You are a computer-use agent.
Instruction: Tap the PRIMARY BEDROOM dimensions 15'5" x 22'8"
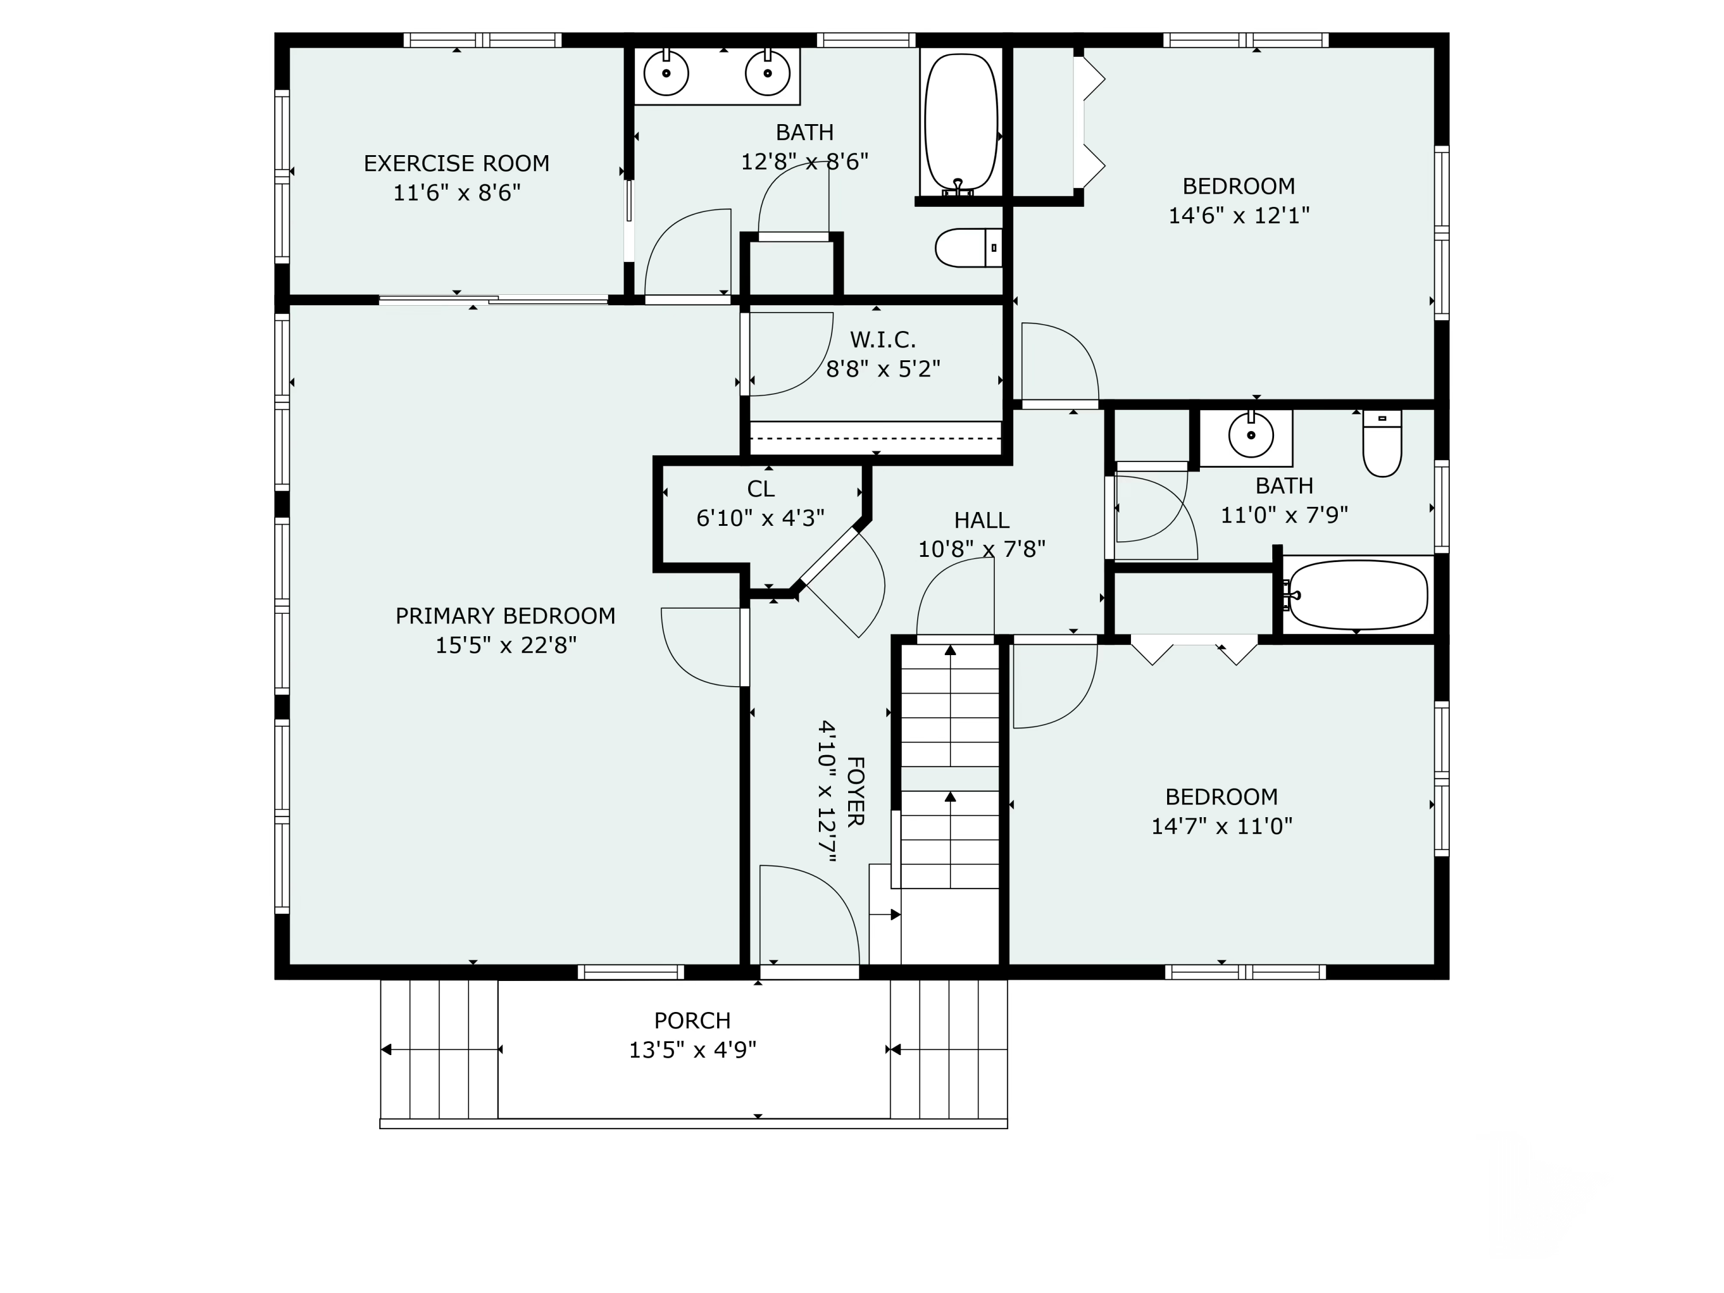click(x=505, y=645)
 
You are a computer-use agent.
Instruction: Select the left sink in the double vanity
click(x=667, y=72)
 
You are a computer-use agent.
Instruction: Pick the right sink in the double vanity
click(x=768, y=72)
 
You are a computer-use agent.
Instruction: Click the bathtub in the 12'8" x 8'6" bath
click(x=961, y=123)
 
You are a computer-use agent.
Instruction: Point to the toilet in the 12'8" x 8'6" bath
click(x=969, y=248)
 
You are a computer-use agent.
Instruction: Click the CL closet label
click(x=761, y=488)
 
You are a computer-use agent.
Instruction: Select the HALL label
click(x=982, y=520)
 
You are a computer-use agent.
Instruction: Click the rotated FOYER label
click(x=856, y=791)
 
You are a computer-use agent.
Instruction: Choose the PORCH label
click(x=692, y=1020)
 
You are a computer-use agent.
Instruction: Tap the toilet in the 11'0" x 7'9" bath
click(x=1382, y=442)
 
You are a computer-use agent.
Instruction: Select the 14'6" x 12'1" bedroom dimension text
click(x=1238, y=215)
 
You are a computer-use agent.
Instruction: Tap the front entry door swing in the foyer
click(x=809, y=917)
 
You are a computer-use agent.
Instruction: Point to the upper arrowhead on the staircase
click(x=950, y=651)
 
